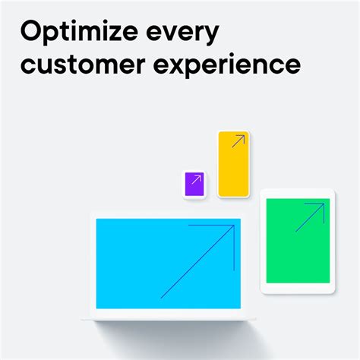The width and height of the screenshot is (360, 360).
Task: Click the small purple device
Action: click(194, 185)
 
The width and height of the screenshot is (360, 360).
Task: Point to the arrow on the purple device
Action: click(196, 182)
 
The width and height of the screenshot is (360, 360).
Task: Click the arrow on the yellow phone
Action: click(238, 141)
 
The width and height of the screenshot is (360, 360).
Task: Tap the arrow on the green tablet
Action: click(311, 217)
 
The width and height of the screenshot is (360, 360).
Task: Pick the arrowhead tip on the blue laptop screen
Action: click(234, 226)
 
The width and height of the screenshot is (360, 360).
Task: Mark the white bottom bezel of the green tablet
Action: click(297, 288)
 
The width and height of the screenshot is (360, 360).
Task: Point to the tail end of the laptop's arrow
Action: click(161, 298)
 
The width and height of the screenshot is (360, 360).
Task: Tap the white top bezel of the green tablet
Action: click(297, 194)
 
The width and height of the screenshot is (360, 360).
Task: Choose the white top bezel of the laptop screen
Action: click(167, 215)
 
